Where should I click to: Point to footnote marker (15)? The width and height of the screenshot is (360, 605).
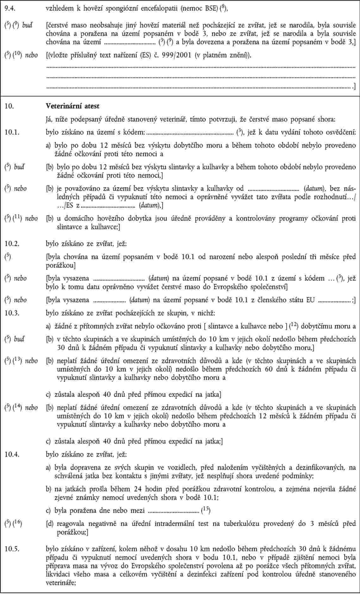click(206, 510)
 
